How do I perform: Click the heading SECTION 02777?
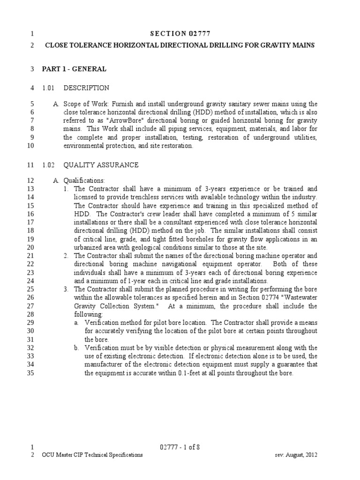180,33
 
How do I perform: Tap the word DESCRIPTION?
86,88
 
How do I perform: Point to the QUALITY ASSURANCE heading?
101,165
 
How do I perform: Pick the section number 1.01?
49,88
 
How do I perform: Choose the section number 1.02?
49,165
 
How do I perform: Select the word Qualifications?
84,180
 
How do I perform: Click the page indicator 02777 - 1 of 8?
180,447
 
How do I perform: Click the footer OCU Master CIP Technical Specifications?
92,455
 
